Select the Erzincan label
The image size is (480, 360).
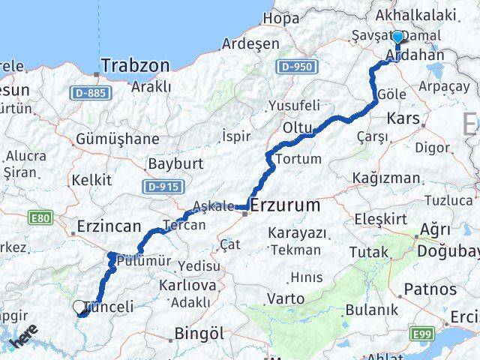point(109,225)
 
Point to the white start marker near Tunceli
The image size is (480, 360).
point(79,307)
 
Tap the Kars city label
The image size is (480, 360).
point(403,118)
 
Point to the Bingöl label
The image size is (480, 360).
point(198,333)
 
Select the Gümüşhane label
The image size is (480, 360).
point(117,139)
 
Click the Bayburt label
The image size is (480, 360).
point(176,163)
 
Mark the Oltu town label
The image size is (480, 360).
point(297,129)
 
